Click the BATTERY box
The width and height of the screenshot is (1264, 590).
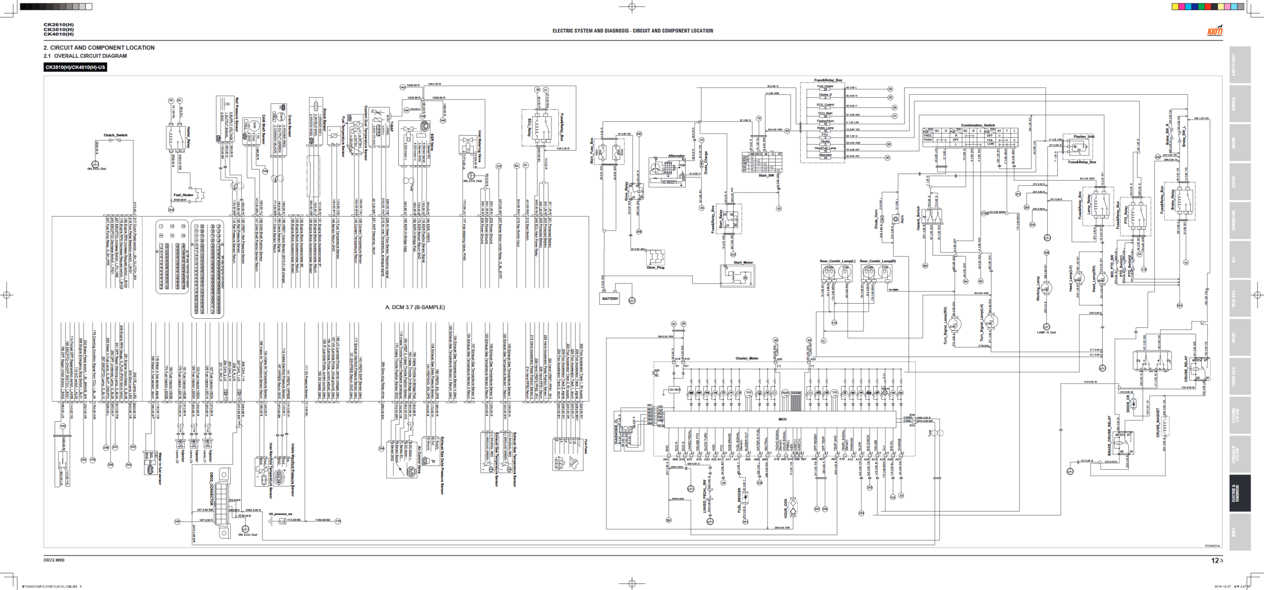610,299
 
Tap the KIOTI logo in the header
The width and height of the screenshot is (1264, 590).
1214,31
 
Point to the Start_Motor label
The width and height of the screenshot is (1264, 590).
743,263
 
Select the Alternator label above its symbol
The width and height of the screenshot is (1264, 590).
676,156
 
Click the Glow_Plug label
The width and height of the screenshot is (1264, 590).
655,268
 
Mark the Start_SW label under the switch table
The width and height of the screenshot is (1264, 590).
766,176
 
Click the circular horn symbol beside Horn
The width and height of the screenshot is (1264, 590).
895,219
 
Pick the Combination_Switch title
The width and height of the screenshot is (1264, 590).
978,125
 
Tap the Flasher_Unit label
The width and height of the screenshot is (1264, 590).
1084,137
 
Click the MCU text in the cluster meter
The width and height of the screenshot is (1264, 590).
782,419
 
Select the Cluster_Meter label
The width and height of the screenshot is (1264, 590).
747,358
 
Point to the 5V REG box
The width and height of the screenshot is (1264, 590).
674,390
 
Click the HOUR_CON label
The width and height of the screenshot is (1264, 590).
786,509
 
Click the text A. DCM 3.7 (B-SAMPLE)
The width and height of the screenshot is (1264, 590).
415,307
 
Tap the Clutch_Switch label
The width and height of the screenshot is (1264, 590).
115,135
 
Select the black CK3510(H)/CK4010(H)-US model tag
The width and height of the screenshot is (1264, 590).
75,67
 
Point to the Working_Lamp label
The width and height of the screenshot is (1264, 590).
1038,289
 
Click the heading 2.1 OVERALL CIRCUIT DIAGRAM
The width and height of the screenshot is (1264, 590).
85,56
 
